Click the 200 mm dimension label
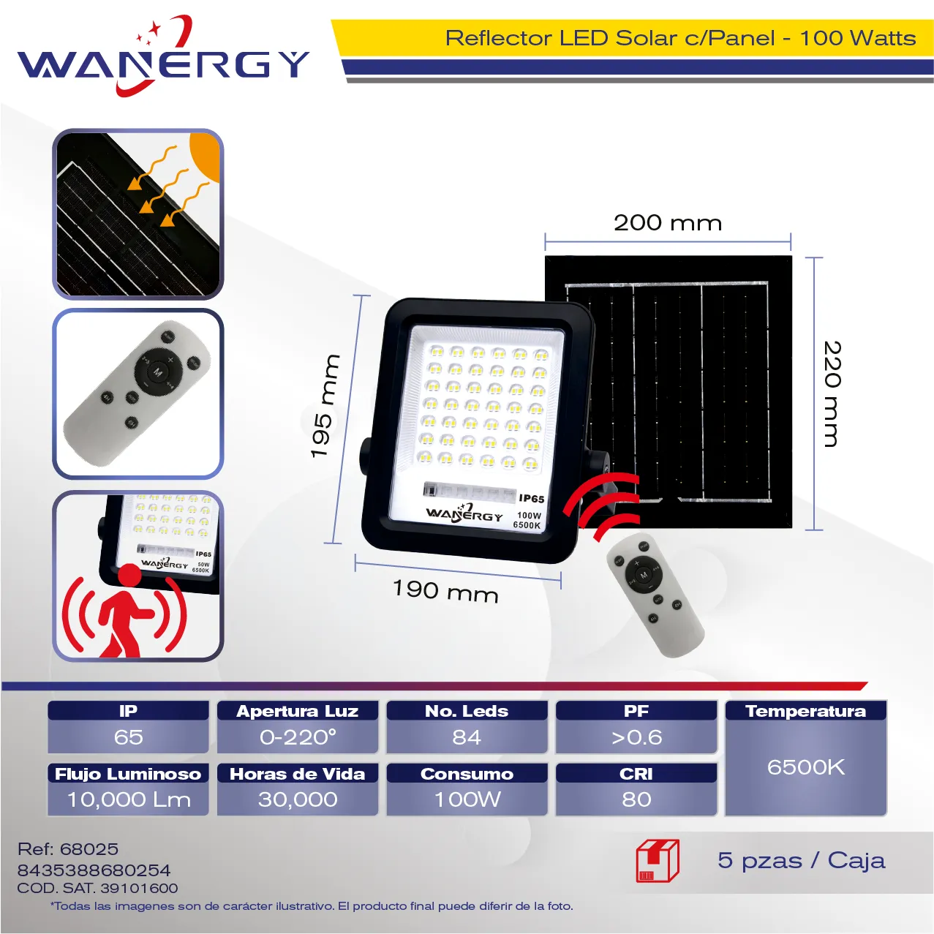[x=668, y=223]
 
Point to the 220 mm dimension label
[x=832, y=393]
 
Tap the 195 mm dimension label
[x=324, y=406]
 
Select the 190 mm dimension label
[x=445, y=591]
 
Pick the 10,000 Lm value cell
[x=129, y=799]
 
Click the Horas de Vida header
[x=297, y=774]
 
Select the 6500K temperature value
[x=805, y=767]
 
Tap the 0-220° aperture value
[x=298, y=737]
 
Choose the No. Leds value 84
[x=467, y=737]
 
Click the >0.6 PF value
[x=636, y=737]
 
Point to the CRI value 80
[x=636, y=799]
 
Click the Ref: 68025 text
[x=68, y=848]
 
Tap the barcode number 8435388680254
[x=94, y=870]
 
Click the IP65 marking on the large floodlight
[x=532, y=498]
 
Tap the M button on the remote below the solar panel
[x=644, y=575]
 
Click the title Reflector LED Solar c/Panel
[x=610, y=38]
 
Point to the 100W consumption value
[x=467, y=799]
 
